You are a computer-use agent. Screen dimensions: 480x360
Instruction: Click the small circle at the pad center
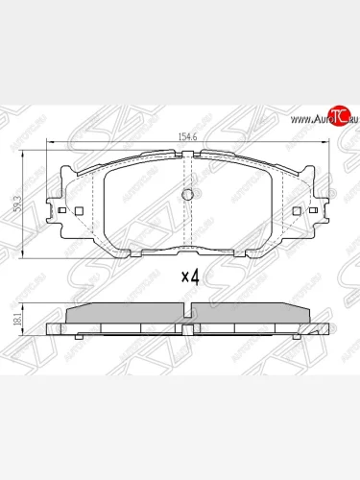(x=188, y=195)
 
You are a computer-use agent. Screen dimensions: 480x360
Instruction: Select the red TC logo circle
(x=337, y=116)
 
